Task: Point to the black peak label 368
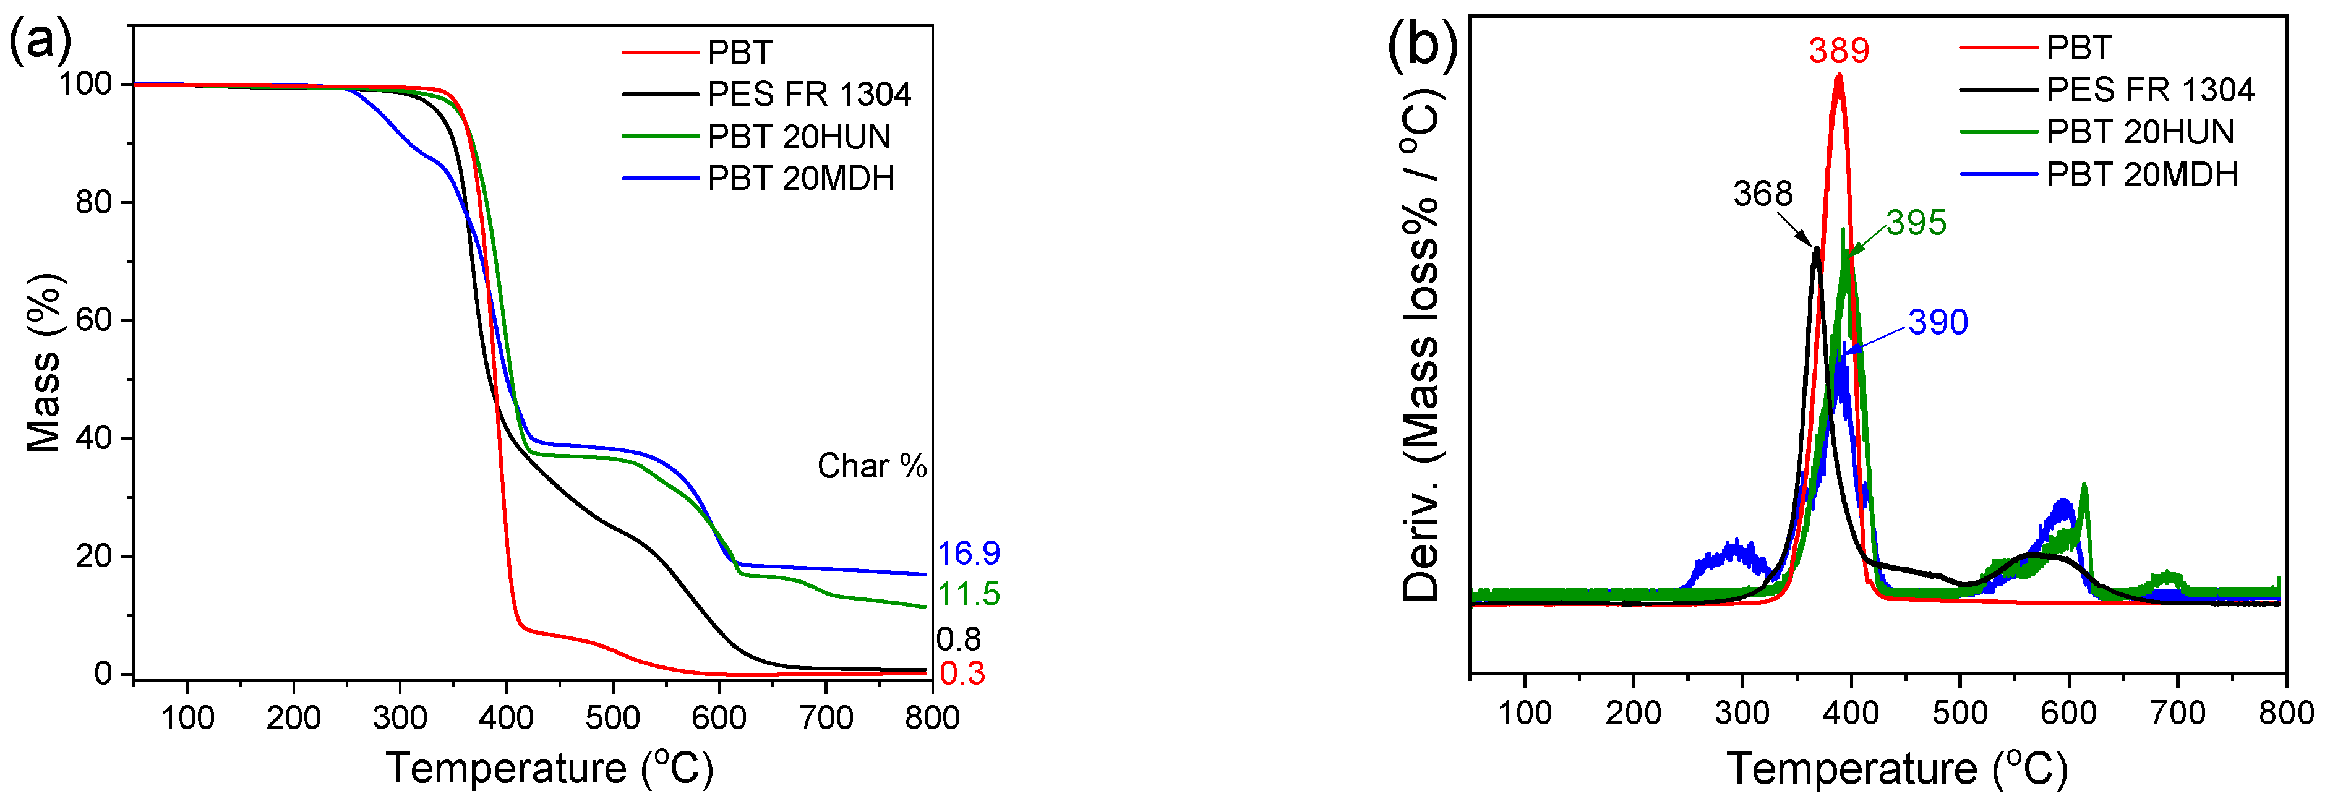[1762, 194]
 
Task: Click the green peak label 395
[1916, 223]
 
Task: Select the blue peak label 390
[1937, 322]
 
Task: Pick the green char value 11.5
[968, 594]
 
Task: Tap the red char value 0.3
[961, 673]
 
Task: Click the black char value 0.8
[958, 639]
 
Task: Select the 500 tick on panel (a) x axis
[612, 718]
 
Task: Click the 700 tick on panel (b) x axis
[2177, 712]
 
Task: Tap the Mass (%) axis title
[43, 362]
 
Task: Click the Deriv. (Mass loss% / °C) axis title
[1421, 344]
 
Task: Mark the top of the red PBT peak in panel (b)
[1838, 77]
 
